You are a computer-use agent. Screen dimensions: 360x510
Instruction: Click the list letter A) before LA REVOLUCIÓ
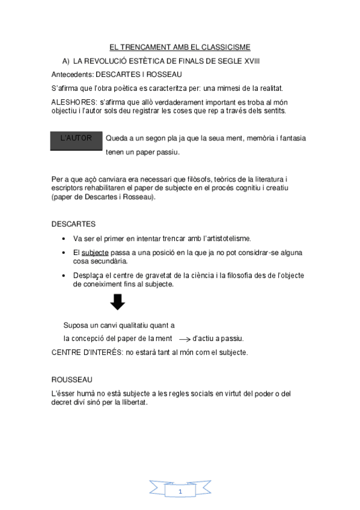click(x=67, y=61)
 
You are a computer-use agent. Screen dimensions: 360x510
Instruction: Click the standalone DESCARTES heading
click(x=73, y=224)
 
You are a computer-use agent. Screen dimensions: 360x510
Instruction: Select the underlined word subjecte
click(x=94, y=253)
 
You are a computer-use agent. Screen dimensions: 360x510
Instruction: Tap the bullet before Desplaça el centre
click(x=64, y=275)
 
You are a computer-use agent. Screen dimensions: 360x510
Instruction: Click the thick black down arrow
click(x=118, y=301)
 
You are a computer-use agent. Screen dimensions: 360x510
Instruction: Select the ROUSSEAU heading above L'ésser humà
click(x=72, y=379)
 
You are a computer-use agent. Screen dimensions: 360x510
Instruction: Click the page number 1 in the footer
click(x=180, y=491)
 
